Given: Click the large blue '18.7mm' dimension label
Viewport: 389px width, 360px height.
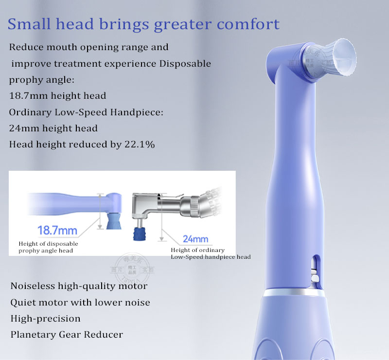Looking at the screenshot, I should pos(57,230).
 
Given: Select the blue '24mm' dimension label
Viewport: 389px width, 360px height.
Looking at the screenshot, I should pos(195,239).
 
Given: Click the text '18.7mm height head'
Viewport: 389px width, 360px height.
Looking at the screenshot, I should pos(57,96).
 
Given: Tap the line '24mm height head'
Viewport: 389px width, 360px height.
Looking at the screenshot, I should pos(53,128).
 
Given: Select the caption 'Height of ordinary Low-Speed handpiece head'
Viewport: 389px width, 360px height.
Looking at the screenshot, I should pos(210,253).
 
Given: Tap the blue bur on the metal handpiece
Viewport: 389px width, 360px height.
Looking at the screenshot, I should pos(139,231).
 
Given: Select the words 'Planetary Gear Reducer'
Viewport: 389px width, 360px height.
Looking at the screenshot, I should pos(67,334).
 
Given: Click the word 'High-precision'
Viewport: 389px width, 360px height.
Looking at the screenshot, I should pos(45,318).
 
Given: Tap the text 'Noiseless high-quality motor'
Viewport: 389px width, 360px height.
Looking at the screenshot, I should pos(79,286).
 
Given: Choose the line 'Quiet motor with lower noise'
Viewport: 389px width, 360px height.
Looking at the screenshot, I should pos(80,302).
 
